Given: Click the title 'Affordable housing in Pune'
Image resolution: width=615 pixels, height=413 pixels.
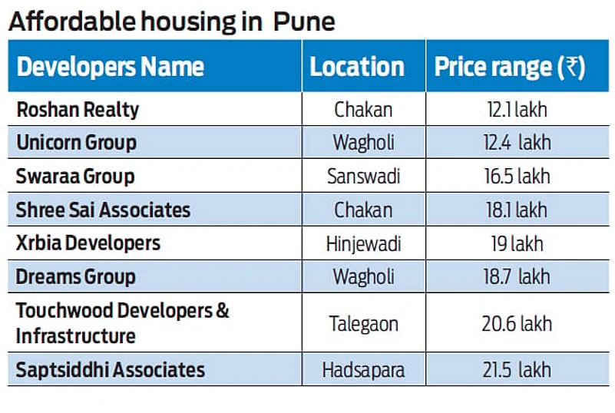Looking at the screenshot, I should tap(171, 21).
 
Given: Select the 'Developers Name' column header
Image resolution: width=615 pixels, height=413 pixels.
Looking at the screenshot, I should tap(111, 67).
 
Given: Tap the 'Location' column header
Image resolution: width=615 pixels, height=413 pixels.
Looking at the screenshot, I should tap(357, 67).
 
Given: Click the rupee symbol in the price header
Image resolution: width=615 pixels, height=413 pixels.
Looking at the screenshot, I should tap(572, 67).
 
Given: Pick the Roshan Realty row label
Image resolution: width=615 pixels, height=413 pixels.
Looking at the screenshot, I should tap(78, 110).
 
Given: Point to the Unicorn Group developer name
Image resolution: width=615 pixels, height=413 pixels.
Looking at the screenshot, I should tap(76, 143).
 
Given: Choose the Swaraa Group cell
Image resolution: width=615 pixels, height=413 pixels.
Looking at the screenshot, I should tap(75, 177).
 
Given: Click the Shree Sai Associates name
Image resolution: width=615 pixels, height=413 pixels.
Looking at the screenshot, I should tap(103, 210).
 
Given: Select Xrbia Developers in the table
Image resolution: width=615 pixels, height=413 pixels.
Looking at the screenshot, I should tap(88, 243).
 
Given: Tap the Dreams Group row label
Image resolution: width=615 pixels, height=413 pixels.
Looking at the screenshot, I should tap(75, 276).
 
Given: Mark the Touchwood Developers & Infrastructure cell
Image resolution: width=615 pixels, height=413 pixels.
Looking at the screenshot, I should tap(123, 323).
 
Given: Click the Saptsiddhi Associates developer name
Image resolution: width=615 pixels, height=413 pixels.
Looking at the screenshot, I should tap(111, 370).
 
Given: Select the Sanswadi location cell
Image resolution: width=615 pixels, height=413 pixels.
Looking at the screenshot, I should tap(364, 177).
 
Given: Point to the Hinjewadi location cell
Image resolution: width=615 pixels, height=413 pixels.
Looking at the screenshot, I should tap(364, 243).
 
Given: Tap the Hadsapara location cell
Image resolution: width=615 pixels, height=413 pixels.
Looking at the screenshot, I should tap(364, 370).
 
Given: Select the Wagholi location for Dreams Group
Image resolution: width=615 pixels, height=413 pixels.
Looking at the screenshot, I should tap(364, 276).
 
